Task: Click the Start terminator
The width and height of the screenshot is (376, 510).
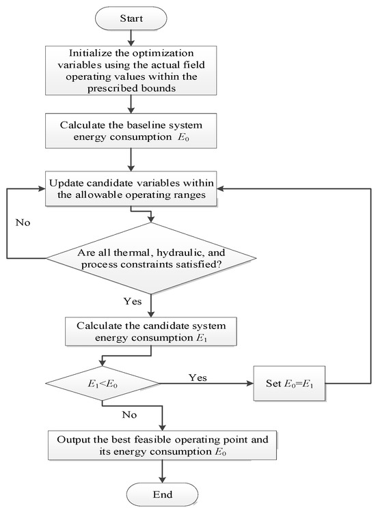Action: (x=131, y=18)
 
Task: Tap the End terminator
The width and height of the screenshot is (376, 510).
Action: (x=162, y=495)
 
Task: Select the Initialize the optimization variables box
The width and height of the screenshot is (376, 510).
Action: (x=131, y=70)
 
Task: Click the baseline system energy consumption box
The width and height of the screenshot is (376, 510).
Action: (x=131, y=131)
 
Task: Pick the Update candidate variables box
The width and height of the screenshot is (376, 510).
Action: (x=131, y=188)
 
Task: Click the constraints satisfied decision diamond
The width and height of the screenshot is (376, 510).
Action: (x=151, y=258)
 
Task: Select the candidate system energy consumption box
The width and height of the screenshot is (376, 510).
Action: (x=151, y=331)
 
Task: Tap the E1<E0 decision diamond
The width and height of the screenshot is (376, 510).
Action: (x=103, y=384)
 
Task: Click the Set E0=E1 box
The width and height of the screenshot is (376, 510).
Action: (x=289, y=383)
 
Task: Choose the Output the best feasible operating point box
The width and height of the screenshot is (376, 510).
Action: (x=162, y=445)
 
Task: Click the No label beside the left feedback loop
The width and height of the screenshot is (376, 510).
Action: (x=23, y=223)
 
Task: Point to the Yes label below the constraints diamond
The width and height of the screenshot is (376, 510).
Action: (x=133, y=301)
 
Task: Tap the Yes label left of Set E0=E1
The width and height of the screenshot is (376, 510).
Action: (x=198, y=378)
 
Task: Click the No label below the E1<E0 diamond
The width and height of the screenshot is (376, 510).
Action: (x=129, y=414)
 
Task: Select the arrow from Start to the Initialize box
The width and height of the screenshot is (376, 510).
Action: (x=131, y=38)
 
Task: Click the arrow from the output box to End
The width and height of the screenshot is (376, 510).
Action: (x=162, y=471)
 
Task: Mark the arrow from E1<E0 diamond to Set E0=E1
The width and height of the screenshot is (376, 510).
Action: (x=206, y=384)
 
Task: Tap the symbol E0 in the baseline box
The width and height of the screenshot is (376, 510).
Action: (x=183, y=137)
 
